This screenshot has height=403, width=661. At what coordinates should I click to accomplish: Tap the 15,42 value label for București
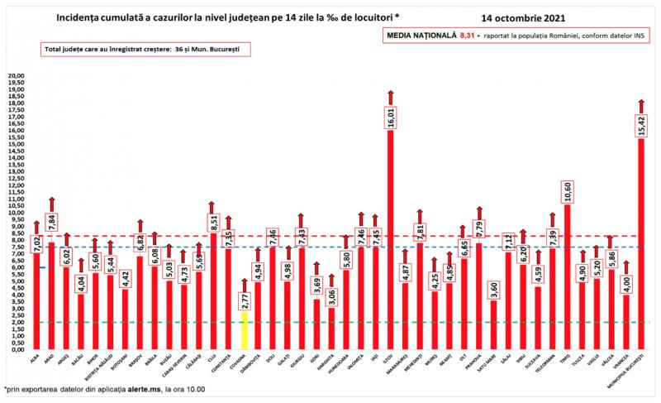640,125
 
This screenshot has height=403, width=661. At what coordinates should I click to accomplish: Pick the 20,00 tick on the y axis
16,75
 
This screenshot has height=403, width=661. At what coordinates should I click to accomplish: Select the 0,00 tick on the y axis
16,349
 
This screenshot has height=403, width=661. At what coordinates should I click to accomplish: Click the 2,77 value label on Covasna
245,299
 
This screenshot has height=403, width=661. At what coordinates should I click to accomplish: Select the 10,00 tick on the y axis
16,213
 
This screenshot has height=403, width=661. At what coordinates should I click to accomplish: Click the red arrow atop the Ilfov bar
390,96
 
